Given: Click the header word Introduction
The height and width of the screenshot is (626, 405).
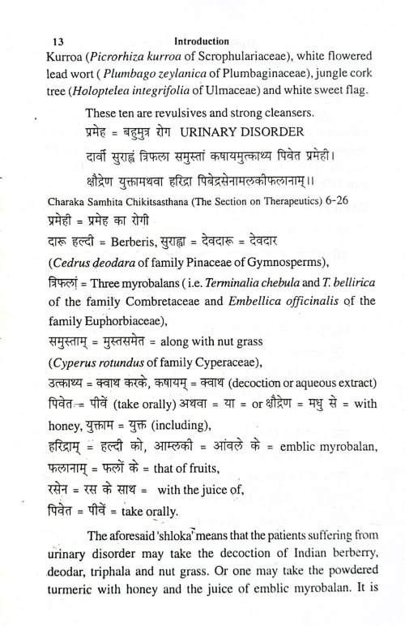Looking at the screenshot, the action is tap(202, 40).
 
